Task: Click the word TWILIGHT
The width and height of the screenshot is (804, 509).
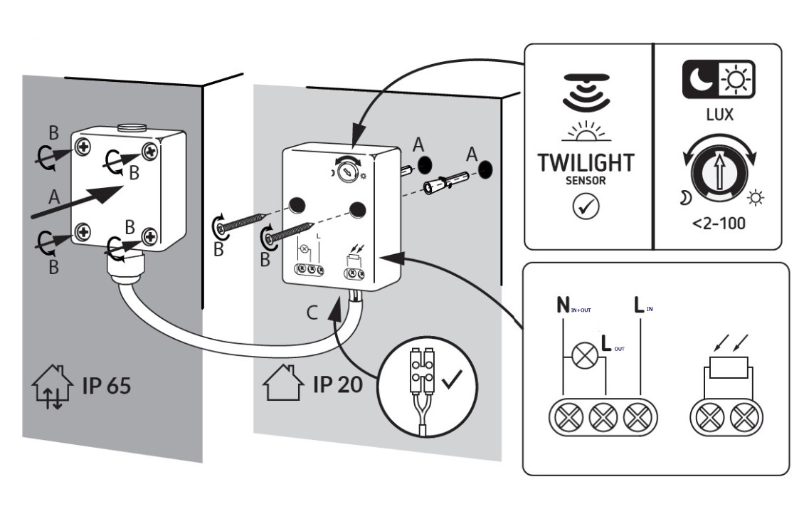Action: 586,162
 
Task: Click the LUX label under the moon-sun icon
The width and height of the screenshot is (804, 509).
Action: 719,115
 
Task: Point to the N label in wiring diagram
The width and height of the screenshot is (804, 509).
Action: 562,308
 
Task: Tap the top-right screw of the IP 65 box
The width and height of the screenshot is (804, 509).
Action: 149,150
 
